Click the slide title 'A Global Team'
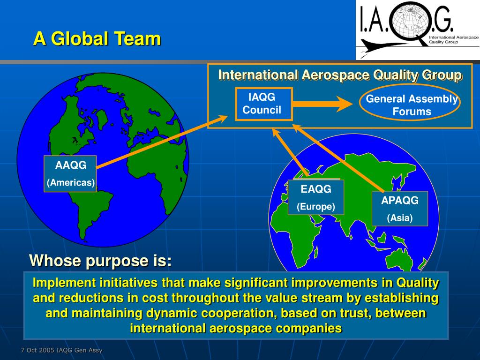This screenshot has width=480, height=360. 97,38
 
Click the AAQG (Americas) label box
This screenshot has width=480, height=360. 70,174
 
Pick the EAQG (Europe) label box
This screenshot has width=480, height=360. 316,197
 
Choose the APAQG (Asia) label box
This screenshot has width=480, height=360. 399,209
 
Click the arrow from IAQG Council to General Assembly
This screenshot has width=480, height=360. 322,105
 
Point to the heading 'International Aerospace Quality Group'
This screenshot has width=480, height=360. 340,75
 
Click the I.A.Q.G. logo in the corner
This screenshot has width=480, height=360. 417,30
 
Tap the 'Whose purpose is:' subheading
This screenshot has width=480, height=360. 100,260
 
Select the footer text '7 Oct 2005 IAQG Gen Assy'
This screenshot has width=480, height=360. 61,350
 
